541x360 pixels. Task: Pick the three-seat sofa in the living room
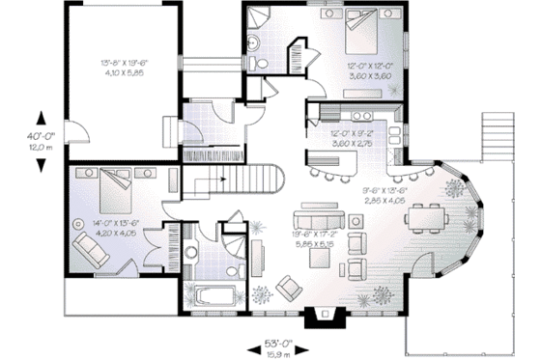[318, 208]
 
